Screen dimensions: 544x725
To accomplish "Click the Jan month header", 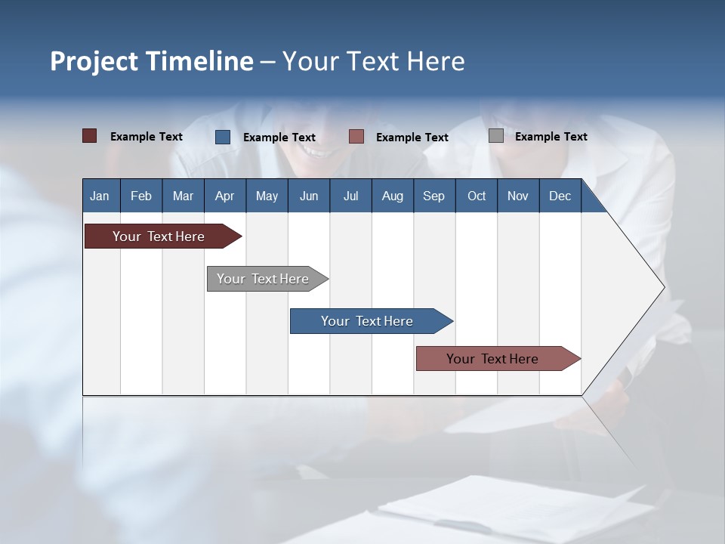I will (x=100, y=196).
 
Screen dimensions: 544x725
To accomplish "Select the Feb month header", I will (x=141, y=196).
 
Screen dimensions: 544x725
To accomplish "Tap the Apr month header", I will (x=224, y=196).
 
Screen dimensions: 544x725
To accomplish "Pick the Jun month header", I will (x=308, y=196).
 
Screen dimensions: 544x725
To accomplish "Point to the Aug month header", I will (x=392, y=196).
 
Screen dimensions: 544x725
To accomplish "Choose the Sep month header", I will (x=433, y=196).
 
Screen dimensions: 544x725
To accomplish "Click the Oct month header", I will (x=476, y=196).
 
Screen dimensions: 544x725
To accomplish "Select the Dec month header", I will (x=560, y=196).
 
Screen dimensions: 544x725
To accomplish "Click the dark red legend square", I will (x=90, y=136).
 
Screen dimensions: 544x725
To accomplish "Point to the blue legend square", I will (x=223, y=137).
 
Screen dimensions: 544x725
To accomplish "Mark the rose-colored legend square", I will (x=356, y=136).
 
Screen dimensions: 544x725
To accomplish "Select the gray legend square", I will (x=496, y=136).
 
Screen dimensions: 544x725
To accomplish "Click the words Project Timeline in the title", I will (x=152, y=61).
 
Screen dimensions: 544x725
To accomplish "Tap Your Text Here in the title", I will (x=373, y=61).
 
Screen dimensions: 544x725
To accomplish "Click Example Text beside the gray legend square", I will (x=551, y=136).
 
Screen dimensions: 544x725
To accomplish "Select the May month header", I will (x=267, y=196).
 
